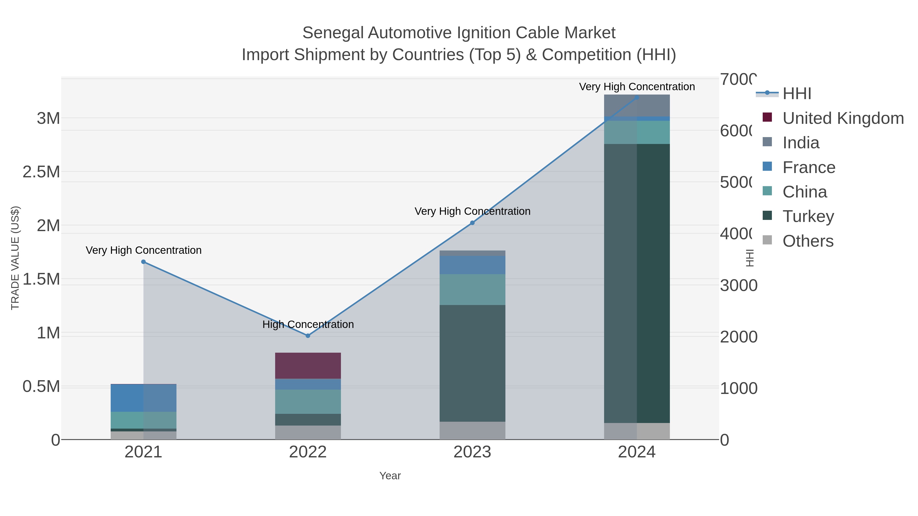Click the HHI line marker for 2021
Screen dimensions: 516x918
click(x=143, y=262)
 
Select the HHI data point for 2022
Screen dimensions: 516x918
click(x=308, y=335)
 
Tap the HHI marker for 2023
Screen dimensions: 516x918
click(x=472, y=223)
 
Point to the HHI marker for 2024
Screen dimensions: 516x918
click(x=636, y=98)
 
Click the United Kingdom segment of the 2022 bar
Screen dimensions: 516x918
click(x=308, y=366)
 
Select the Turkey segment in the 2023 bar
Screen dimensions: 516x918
click(x=472, y=363)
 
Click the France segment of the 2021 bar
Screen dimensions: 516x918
click(x=143, y=398)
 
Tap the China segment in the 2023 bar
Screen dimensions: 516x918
click(x=472, y=289)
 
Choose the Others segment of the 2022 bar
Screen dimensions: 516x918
click(x=308, y=432)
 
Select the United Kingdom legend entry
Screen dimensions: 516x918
click(x=843, y=118)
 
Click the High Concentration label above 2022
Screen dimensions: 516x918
click(x=308, y=324)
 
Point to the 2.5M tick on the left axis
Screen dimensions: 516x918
click(x=41, y=172)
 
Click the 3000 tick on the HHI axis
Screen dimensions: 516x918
click(x=738, y=286)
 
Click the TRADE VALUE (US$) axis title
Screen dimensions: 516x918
click(x=15, y=258)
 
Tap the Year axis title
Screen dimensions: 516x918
click(x=390, y=476)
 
